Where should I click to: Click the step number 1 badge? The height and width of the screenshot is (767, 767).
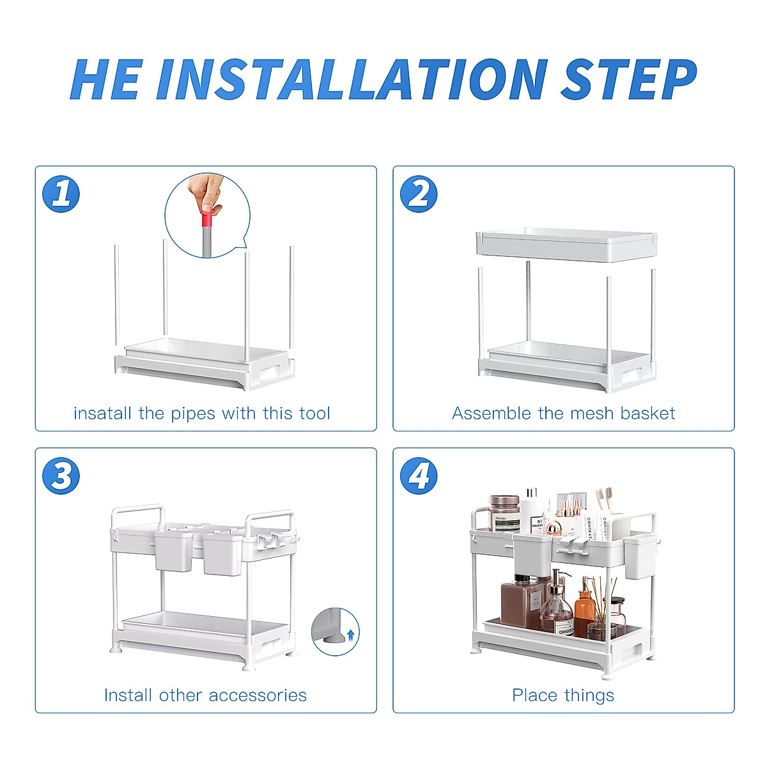click(x=61, y=194)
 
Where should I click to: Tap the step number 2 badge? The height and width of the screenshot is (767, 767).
click(x=419, y=194)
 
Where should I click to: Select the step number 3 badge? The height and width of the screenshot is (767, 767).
click(x=61, y=476)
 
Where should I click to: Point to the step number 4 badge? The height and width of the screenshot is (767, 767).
click(x=419, y=476)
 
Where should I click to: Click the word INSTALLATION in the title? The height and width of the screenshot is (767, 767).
click(x=352, y=79)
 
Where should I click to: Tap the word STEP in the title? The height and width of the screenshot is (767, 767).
click(x=629, y=79)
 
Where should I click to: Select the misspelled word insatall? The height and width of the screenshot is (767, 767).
click(x=102, y=413)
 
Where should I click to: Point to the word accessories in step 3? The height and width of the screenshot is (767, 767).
click(x=258, y=695)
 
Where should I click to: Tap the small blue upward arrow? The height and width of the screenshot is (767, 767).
click(x=351, y=635)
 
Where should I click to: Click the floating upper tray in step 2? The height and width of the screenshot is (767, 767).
click(x=567, y=244)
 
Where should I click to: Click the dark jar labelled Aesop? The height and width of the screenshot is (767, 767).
click(x=504, y=513)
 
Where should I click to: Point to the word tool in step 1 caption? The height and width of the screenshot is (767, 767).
click(x=315, y=413)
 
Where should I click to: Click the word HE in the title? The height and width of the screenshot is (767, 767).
click(x=106, y=79)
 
